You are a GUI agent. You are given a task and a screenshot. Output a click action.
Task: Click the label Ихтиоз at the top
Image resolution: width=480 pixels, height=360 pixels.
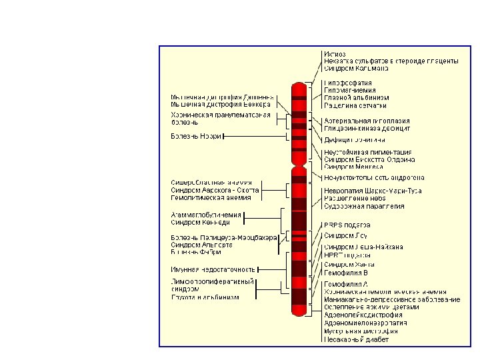335,53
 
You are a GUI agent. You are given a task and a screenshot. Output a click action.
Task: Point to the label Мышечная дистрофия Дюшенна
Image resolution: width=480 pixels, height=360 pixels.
221,97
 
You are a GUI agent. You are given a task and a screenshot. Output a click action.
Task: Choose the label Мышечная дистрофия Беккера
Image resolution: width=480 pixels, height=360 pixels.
220,105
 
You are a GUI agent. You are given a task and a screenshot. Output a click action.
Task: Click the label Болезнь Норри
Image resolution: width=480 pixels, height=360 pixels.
196,137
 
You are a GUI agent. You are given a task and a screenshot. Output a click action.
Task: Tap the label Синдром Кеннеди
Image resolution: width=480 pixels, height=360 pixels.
201,223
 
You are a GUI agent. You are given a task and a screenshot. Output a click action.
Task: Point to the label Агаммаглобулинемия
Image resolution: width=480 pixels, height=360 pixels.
206,215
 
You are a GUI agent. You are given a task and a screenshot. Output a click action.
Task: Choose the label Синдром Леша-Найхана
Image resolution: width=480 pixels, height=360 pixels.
363,247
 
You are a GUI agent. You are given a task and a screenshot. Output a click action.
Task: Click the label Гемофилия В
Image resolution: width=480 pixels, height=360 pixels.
345,273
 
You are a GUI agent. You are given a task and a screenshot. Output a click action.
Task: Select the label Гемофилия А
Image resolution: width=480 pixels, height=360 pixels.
345,284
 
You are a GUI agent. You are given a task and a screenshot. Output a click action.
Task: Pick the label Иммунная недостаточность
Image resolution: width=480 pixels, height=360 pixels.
213,269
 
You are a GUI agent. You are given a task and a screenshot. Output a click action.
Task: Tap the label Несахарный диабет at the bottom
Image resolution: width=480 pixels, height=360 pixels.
356,339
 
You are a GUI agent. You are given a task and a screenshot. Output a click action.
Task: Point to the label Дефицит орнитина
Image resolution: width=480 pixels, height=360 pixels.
355,140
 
